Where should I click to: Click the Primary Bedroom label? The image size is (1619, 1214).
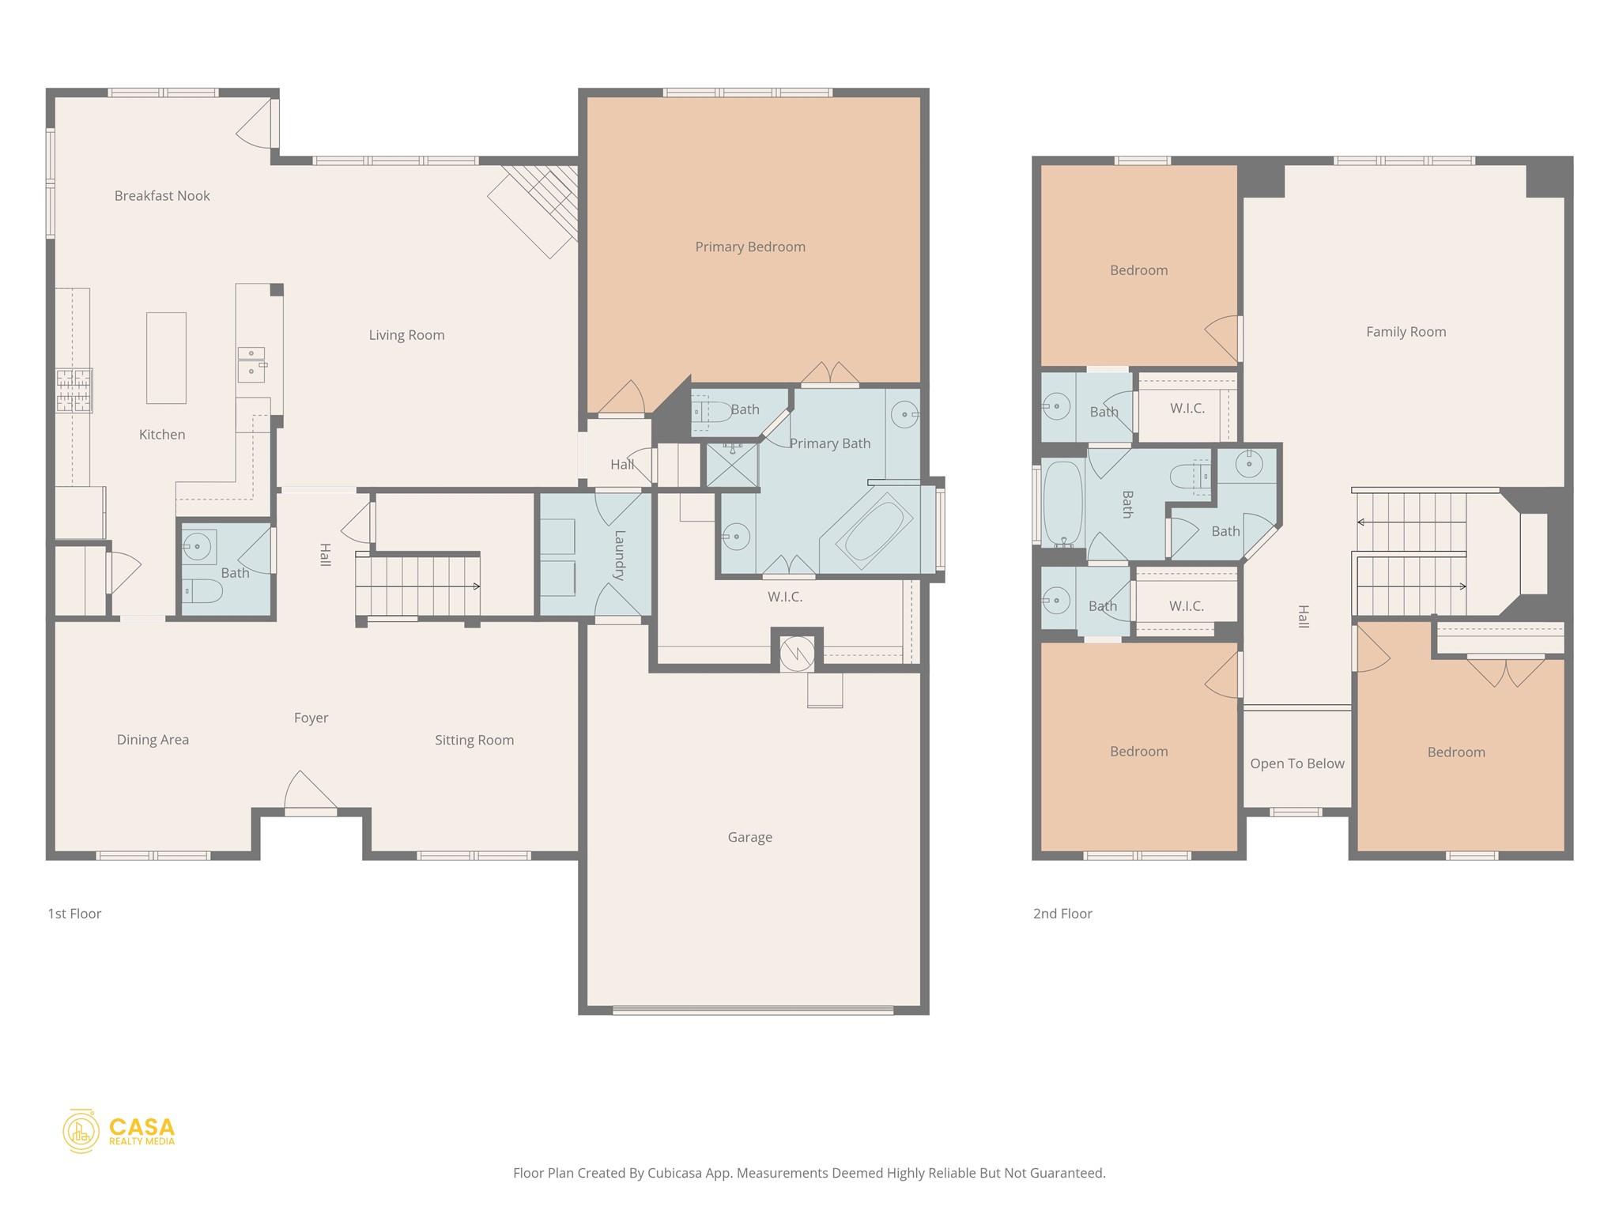(x=749, y=247)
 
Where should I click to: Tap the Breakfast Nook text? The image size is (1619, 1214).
(x=162, y=196)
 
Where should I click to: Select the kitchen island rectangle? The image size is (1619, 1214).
(x=166, y=358)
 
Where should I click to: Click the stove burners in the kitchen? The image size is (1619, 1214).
(x=74, y=390)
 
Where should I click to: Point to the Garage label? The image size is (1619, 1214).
(x=749, y=837)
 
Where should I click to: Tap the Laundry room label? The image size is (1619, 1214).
(x=619, y=555)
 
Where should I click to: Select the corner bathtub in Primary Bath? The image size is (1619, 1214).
(x=874, y=530)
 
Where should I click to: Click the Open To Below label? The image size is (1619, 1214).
(x=1296, y=763)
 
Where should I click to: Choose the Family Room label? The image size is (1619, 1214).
(x=1406, y=332)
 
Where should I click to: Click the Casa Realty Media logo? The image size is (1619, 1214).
(x=119, y=1131)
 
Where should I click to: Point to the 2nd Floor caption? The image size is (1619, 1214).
(x=1062, y=914)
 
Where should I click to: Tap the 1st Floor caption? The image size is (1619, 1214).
(x=74, y=914)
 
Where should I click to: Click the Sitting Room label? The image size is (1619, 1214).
(x=474, y=741)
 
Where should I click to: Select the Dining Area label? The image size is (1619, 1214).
(x=153, y=740)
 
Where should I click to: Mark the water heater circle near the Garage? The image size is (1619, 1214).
(x=796, y=653)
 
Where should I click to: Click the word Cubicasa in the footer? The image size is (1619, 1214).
(x=677, y=1173)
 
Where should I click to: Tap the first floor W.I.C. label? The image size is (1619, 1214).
(x=784, y=597)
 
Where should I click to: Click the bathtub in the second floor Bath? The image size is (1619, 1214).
(x=1062, y=503)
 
